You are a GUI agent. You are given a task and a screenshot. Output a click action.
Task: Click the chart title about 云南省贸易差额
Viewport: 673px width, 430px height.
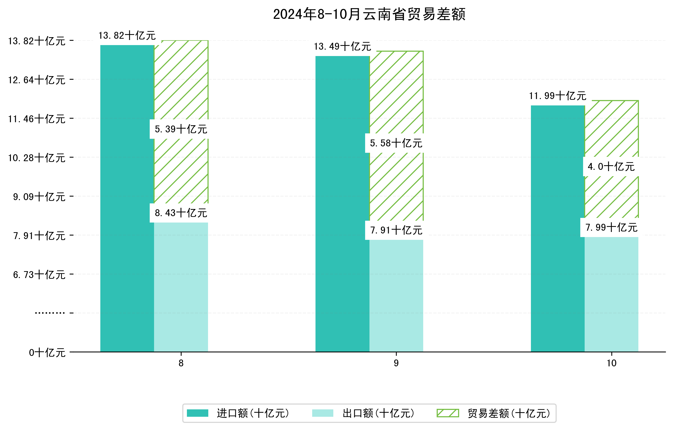(369, 14)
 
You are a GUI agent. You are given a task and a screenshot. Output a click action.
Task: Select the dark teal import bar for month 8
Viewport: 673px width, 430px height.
(127, 198)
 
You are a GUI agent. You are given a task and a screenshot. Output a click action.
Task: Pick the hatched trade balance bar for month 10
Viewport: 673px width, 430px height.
(612, 131)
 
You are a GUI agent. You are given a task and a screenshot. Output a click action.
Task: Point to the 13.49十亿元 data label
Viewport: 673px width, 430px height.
(342, 47)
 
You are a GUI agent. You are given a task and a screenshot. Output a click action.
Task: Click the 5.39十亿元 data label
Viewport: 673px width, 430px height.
(181, 129)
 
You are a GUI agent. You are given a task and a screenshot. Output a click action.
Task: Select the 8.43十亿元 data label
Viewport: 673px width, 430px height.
(181, 213)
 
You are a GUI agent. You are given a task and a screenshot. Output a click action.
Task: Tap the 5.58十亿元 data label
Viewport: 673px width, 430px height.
(396, 143)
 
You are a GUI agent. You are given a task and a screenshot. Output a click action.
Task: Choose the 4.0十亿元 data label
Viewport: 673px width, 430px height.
(611, 167)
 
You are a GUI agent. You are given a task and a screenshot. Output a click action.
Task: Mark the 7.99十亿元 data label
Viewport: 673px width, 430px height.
(611, 228)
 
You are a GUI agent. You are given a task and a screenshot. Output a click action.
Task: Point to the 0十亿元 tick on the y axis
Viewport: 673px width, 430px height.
(47, 353)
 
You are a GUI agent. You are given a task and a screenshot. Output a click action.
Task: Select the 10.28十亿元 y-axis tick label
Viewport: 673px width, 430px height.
(37, 158)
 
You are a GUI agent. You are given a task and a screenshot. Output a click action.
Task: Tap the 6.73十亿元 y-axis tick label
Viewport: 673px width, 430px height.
(39, 275)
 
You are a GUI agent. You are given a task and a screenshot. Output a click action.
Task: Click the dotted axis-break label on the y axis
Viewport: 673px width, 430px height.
(50, 313)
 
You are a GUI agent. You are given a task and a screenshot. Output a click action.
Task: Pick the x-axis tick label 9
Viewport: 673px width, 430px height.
(396, 364)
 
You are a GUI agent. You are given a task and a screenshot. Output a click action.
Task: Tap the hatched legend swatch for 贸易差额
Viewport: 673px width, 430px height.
(448, 413)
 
